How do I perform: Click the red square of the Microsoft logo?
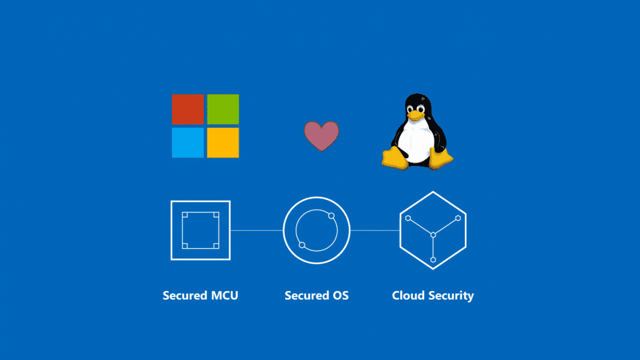coord(188,108)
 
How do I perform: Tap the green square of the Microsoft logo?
coord(223,108)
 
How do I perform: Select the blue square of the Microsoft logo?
coord(188,143)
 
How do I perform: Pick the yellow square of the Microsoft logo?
coord(223,143)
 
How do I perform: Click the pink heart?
coord(321,135)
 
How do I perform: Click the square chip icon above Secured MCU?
coord(200,230)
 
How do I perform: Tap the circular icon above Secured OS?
coord(316,230)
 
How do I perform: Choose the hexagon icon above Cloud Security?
coord(433,230)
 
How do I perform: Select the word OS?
coord(339,295)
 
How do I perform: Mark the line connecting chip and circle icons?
coord(256,230)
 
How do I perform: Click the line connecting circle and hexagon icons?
coord(375,230)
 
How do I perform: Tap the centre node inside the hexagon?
coord(433,235)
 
